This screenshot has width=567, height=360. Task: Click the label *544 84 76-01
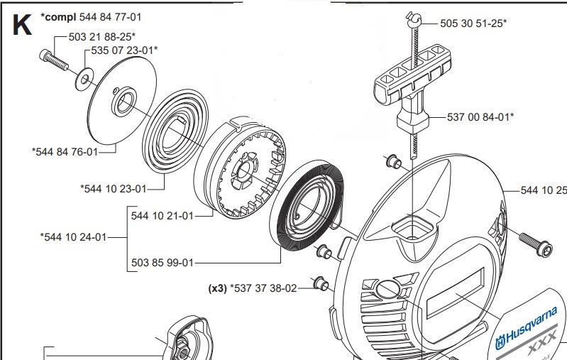coord(65,151)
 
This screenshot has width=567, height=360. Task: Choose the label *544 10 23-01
coord(114,188)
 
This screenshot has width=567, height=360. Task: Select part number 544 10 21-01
coord(163,216)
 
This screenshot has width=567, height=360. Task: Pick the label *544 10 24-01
coord(72,236)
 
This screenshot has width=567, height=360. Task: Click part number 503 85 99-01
coord(163,263)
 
